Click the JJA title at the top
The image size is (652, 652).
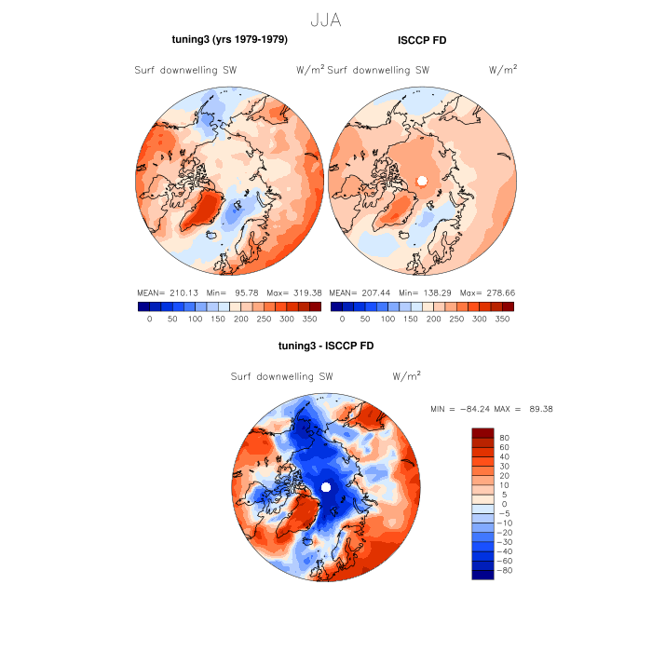[325, 20]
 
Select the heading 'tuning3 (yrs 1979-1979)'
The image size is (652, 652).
[229, 39]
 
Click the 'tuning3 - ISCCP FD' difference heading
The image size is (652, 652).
[325, 346]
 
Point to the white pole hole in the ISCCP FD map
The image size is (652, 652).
[422, 181]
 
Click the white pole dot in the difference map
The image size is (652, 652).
[325, 487]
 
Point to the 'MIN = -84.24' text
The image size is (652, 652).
[463, 409]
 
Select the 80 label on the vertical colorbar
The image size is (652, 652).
[505, 437]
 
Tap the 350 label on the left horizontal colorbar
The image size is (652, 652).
[316, 319]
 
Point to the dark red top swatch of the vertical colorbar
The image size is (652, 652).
[482, 432]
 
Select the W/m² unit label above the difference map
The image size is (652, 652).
[406, 377]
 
